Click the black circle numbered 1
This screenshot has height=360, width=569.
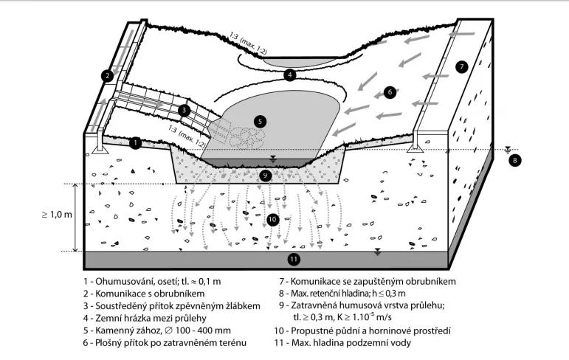tap(135, 143)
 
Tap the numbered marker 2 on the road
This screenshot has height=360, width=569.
tap(108, 75)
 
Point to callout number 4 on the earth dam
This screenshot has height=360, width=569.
tap(290, 74)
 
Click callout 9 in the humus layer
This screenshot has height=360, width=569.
tap(266, 176)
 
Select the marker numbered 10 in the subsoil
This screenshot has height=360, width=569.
tap(272, 219)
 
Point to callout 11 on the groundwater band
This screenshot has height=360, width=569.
tap(293, 259)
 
